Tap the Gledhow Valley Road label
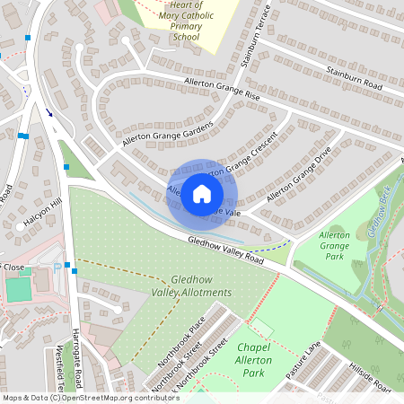point(225,250)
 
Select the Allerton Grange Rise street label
point(222,88)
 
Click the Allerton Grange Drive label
point(298,175)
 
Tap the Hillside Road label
point(370,378)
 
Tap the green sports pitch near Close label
point(17,290)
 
